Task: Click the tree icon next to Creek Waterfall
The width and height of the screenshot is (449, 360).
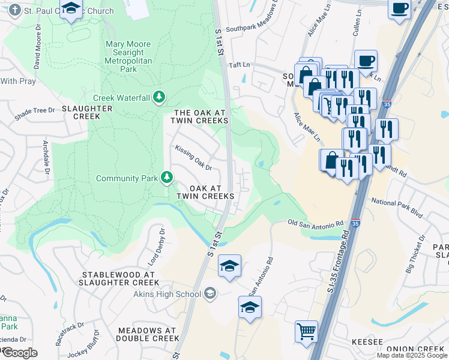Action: [159, 97]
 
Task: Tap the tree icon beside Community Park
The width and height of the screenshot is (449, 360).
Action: [167, 178]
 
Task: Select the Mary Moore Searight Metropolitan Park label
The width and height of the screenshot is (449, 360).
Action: [128, 56]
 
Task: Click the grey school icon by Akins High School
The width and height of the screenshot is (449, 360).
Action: [209, 293]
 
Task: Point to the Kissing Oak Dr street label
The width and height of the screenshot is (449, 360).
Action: [193, 157]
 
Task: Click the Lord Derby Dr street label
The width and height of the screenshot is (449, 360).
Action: [156, 247]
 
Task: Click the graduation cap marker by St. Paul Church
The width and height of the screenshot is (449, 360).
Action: [71, 9]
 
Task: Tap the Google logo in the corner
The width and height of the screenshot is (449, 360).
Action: [19, 353]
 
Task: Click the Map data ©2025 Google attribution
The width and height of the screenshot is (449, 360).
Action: [412, 355]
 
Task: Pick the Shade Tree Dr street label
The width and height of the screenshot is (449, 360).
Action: [35, 111]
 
